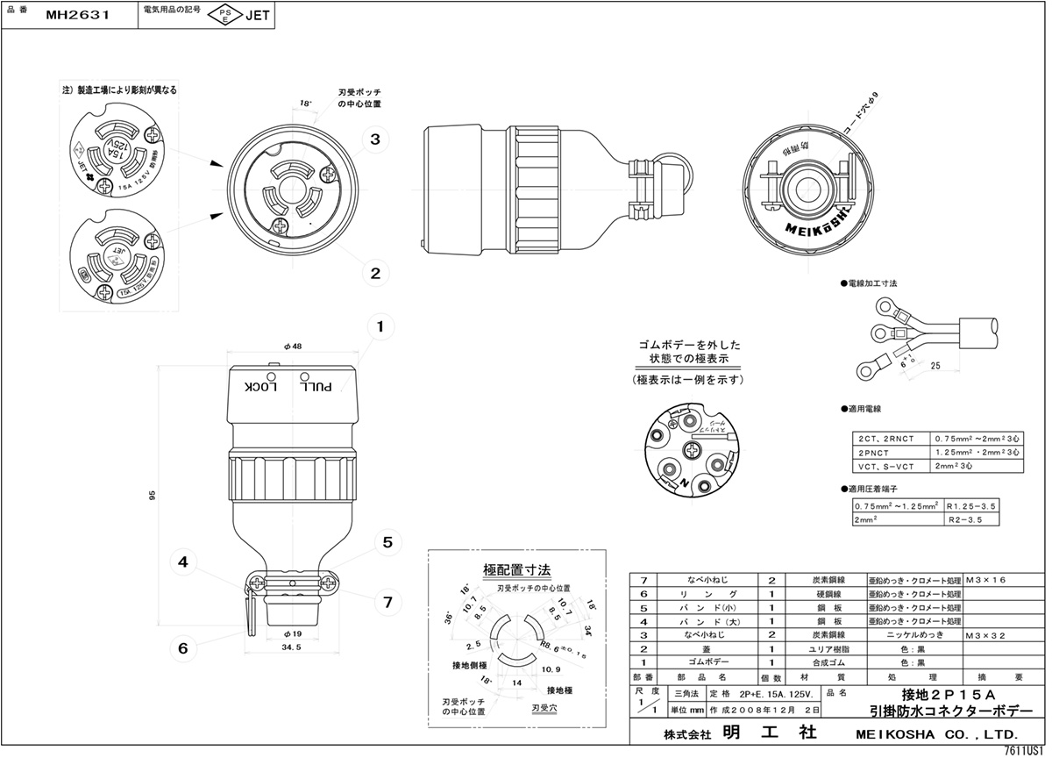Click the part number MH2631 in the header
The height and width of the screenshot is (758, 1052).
point(76,14)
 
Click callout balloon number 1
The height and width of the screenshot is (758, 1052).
point(380,328)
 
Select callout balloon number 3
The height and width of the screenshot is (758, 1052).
point(374,139)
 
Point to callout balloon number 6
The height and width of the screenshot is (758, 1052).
point(183,648)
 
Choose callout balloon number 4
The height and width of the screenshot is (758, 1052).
point(183,562)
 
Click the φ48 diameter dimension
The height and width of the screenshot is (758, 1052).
point(293,347)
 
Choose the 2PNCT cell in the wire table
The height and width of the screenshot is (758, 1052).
point(871,452)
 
